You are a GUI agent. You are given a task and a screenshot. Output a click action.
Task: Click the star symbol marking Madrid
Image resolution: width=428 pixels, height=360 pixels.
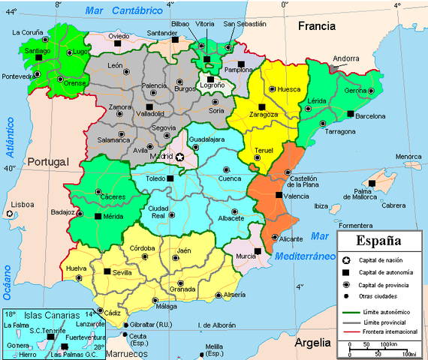179,157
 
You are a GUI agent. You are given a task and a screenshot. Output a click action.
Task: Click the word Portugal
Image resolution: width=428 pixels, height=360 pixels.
47,161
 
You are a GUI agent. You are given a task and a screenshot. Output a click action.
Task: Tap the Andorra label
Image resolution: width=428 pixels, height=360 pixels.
346,58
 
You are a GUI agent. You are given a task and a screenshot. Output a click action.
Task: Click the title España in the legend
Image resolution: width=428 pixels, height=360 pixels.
378,242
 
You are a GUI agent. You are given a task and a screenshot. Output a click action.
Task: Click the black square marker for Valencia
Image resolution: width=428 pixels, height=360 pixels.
279,195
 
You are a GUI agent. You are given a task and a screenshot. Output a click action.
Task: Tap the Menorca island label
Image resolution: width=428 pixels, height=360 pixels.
408,157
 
